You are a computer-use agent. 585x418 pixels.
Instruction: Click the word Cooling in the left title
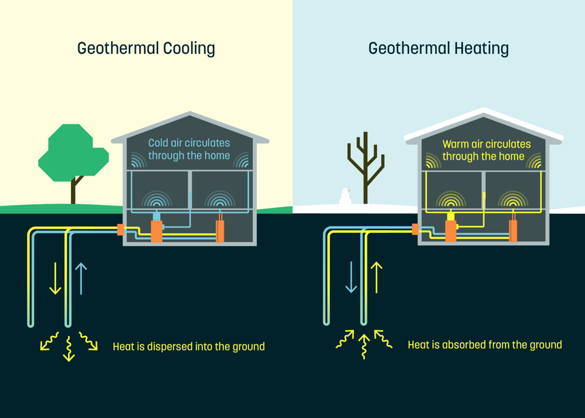tap(189, 49)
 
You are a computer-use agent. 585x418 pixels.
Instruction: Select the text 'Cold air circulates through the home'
tap(190, 150)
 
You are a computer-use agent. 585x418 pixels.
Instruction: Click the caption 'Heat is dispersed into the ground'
tap(188, 346)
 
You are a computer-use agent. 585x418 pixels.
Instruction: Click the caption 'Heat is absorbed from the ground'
tap(485, 345)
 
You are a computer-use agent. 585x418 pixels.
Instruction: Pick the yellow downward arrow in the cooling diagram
tap(55, 279)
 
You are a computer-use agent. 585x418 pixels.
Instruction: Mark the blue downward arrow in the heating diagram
tap(350, 277)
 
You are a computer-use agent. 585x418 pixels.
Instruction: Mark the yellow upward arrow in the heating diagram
tap(376, 277)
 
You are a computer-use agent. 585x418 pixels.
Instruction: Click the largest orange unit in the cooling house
tap(156, 227)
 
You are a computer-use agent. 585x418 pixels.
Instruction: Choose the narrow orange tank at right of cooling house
tap(220, 230)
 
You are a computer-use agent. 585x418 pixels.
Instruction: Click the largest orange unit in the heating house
tap(451, 227)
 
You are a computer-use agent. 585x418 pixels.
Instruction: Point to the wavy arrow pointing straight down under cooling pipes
tap(68, 348)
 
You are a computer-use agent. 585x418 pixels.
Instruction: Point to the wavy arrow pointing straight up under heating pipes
tap(364, 346)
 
